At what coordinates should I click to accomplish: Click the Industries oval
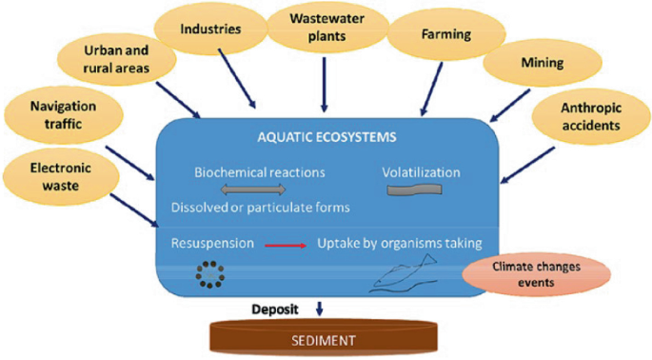pos(210,30)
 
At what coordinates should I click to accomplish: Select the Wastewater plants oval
pos(324,27)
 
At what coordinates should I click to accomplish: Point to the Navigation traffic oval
pos(59,116)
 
